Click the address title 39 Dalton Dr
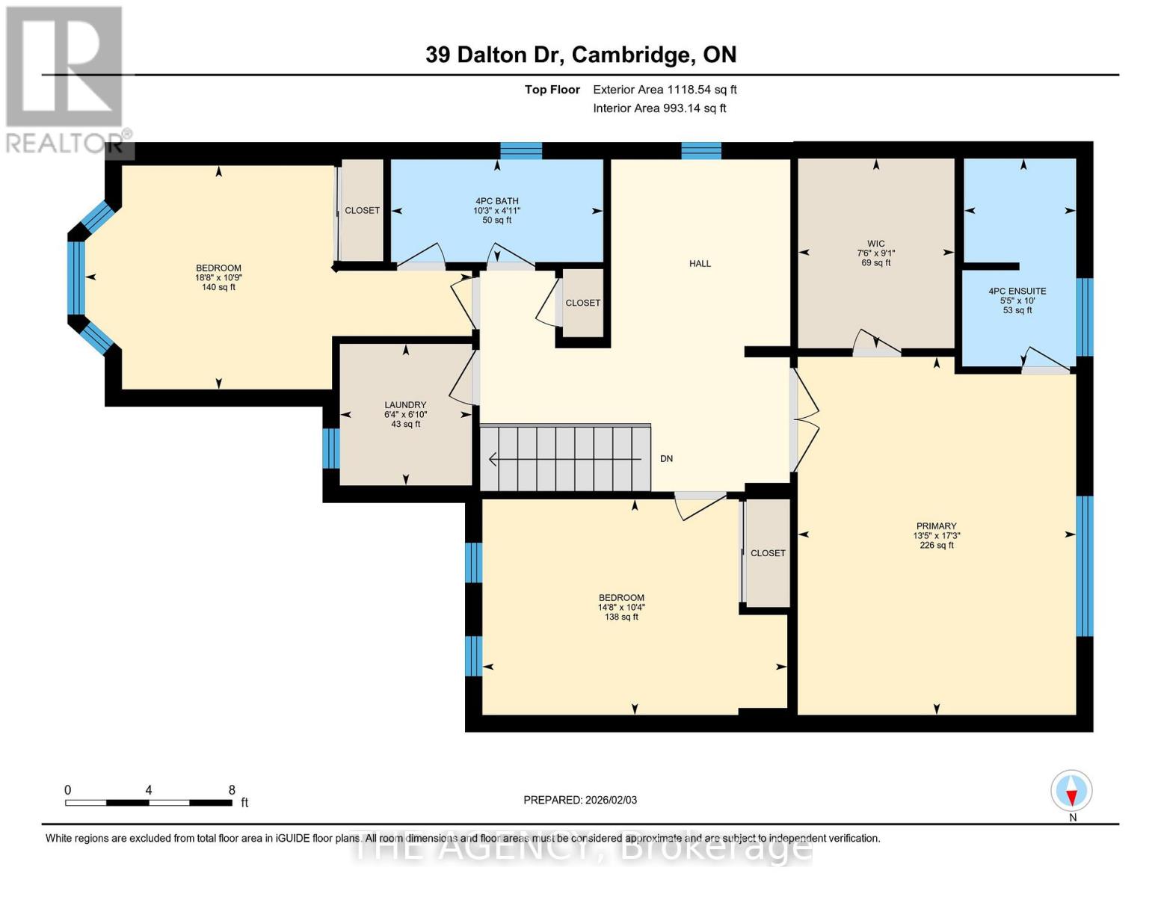pos(580,55)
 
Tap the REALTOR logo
pos(65,78)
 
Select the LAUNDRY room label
pos(405,405)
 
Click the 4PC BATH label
pos(496,201)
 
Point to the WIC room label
pos(875,244)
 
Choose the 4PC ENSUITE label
pos(1017,292)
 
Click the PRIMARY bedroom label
pos(936,526)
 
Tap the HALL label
pos(700,264)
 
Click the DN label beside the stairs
pos(666,459)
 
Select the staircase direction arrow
pos(564,459)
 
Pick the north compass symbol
pos(1071,791)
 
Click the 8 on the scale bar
pos(232,790)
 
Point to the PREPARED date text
pos(580,800)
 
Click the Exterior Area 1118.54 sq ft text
pos(665,90)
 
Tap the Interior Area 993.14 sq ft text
pos(659,108)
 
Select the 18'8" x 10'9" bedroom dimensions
pos(218,277)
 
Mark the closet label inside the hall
pos(582,303)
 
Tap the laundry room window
pos(330,448)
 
